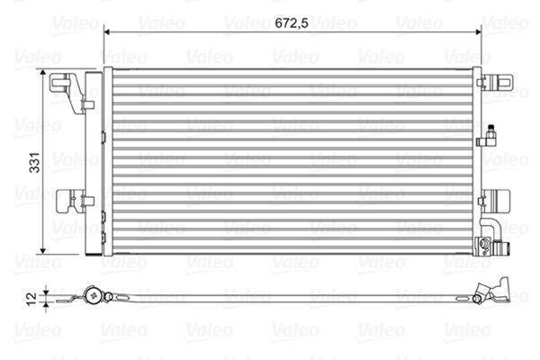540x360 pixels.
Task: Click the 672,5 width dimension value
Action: (292, 23)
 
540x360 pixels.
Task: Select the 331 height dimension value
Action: (35, 162)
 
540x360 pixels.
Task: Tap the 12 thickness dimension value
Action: (31, 298)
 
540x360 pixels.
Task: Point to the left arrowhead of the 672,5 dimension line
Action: (107, 32)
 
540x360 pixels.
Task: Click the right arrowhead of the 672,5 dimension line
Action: (478, 32)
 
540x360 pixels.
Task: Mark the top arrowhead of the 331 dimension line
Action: (42, 72)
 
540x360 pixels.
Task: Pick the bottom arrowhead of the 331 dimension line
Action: (42, 251)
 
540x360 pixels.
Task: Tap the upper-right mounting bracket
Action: (497, 82)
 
